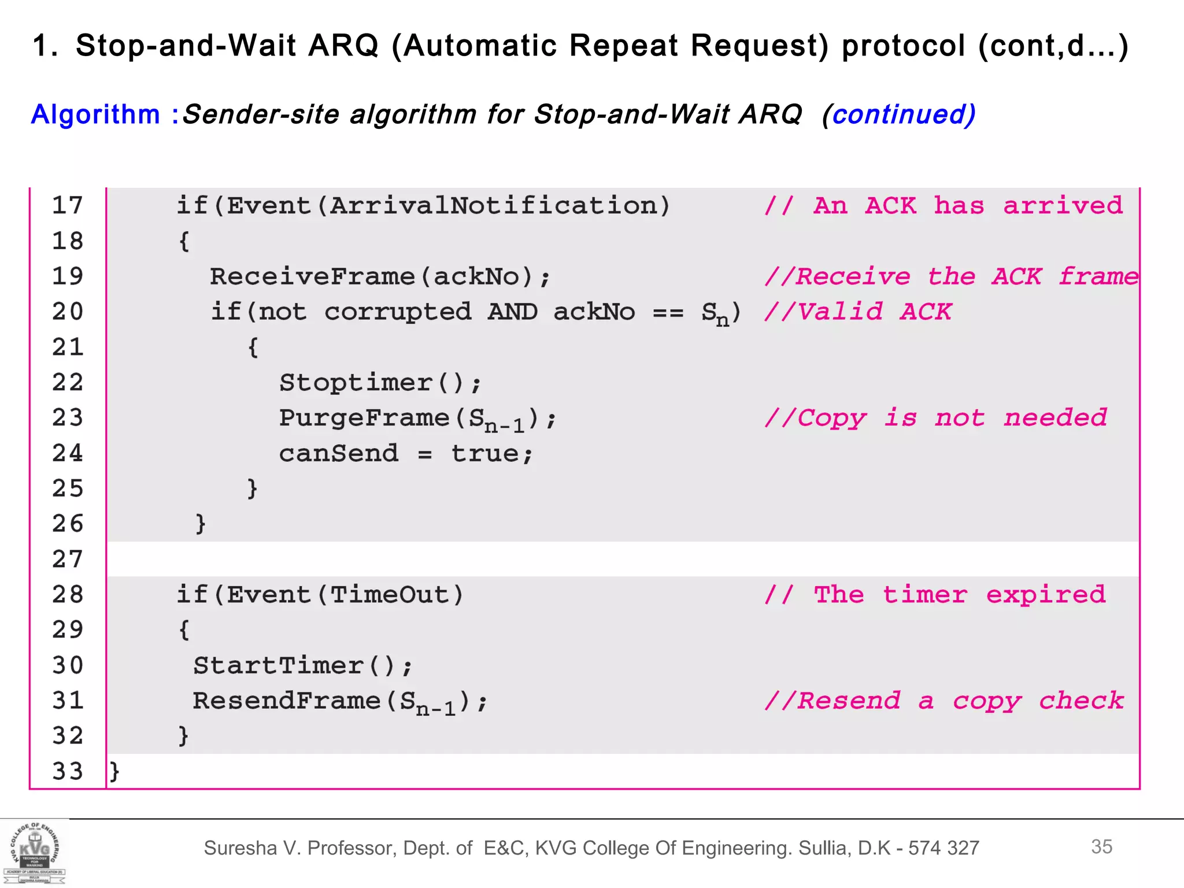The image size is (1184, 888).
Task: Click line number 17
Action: (68, 206)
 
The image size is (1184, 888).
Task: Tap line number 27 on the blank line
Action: (68, 560)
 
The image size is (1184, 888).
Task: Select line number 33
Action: (68, 772)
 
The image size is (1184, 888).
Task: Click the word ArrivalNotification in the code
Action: (493, 206)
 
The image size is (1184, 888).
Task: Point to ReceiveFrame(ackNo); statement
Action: (380, 277)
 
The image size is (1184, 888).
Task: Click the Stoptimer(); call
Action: (380, 383)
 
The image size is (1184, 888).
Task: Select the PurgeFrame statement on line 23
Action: (417, 419)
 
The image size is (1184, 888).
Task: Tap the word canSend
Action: (339, 454)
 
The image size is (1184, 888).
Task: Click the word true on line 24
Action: (484, 454)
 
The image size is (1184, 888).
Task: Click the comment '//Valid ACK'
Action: (857, 312)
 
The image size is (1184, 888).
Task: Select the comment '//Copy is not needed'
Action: (935, 418)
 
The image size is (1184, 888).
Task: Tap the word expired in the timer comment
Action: (1045, 595)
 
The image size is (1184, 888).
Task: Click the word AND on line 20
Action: (512, 312)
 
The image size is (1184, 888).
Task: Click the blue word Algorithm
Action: (95, 114)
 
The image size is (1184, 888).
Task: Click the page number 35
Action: (1101, 847)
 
